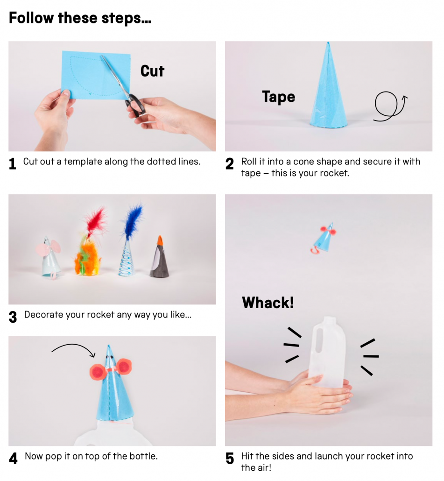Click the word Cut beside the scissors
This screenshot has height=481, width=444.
pos(152,71)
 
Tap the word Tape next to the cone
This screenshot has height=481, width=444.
pos(278,97)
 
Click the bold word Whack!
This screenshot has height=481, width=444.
pos(268,303)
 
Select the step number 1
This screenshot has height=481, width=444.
pos(13,164)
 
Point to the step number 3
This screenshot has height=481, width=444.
pos(13,317)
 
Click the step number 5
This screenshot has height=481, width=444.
pos(230,459)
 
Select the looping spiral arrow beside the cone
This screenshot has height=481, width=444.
pos(389,106)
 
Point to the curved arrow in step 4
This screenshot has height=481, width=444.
pos(74,346)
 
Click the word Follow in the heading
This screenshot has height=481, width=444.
pos(31,18)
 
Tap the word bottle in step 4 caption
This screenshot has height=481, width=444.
pos(143,456)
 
